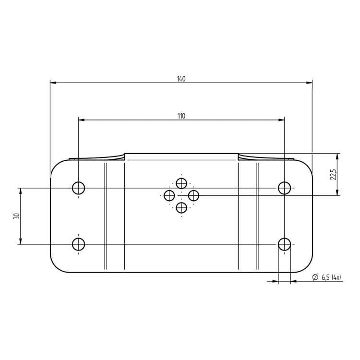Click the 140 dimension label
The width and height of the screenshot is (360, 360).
[181, 79]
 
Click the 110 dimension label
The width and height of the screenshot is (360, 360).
[181, 116]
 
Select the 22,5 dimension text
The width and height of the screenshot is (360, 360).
[333, 175]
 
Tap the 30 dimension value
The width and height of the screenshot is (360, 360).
[16, 216]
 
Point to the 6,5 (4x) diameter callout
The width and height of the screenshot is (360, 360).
[327, 277]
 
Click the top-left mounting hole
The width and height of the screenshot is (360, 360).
[79, 188]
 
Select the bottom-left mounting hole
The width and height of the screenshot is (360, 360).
[79, 244]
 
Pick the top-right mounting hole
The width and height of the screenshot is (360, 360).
[284, 188]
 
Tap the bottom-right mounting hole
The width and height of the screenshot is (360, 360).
[284, 244]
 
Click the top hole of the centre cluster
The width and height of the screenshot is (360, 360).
[181, 183]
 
